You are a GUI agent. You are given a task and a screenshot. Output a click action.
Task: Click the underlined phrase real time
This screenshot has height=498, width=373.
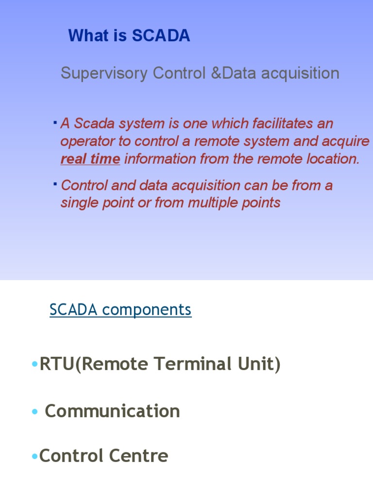tap(90, 159)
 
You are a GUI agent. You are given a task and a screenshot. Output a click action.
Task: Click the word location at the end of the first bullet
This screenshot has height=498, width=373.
tap(334, 159)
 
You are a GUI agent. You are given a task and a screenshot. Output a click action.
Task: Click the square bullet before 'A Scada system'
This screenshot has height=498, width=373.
tap(55, 120)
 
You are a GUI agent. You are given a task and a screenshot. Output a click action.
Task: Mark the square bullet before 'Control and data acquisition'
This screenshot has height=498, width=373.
tap(55, 182)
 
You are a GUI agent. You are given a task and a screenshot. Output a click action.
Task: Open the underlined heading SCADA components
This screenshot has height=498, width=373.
tap(120, 310)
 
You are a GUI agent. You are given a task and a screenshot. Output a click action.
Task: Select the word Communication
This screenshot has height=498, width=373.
tap(112, 411)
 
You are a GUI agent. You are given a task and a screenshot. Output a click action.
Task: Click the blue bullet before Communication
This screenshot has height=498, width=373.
tap(34, 412)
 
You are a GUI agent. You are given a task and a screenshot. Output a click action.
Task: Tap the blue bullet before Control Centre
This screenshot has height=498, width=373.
tap(34, 457)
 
